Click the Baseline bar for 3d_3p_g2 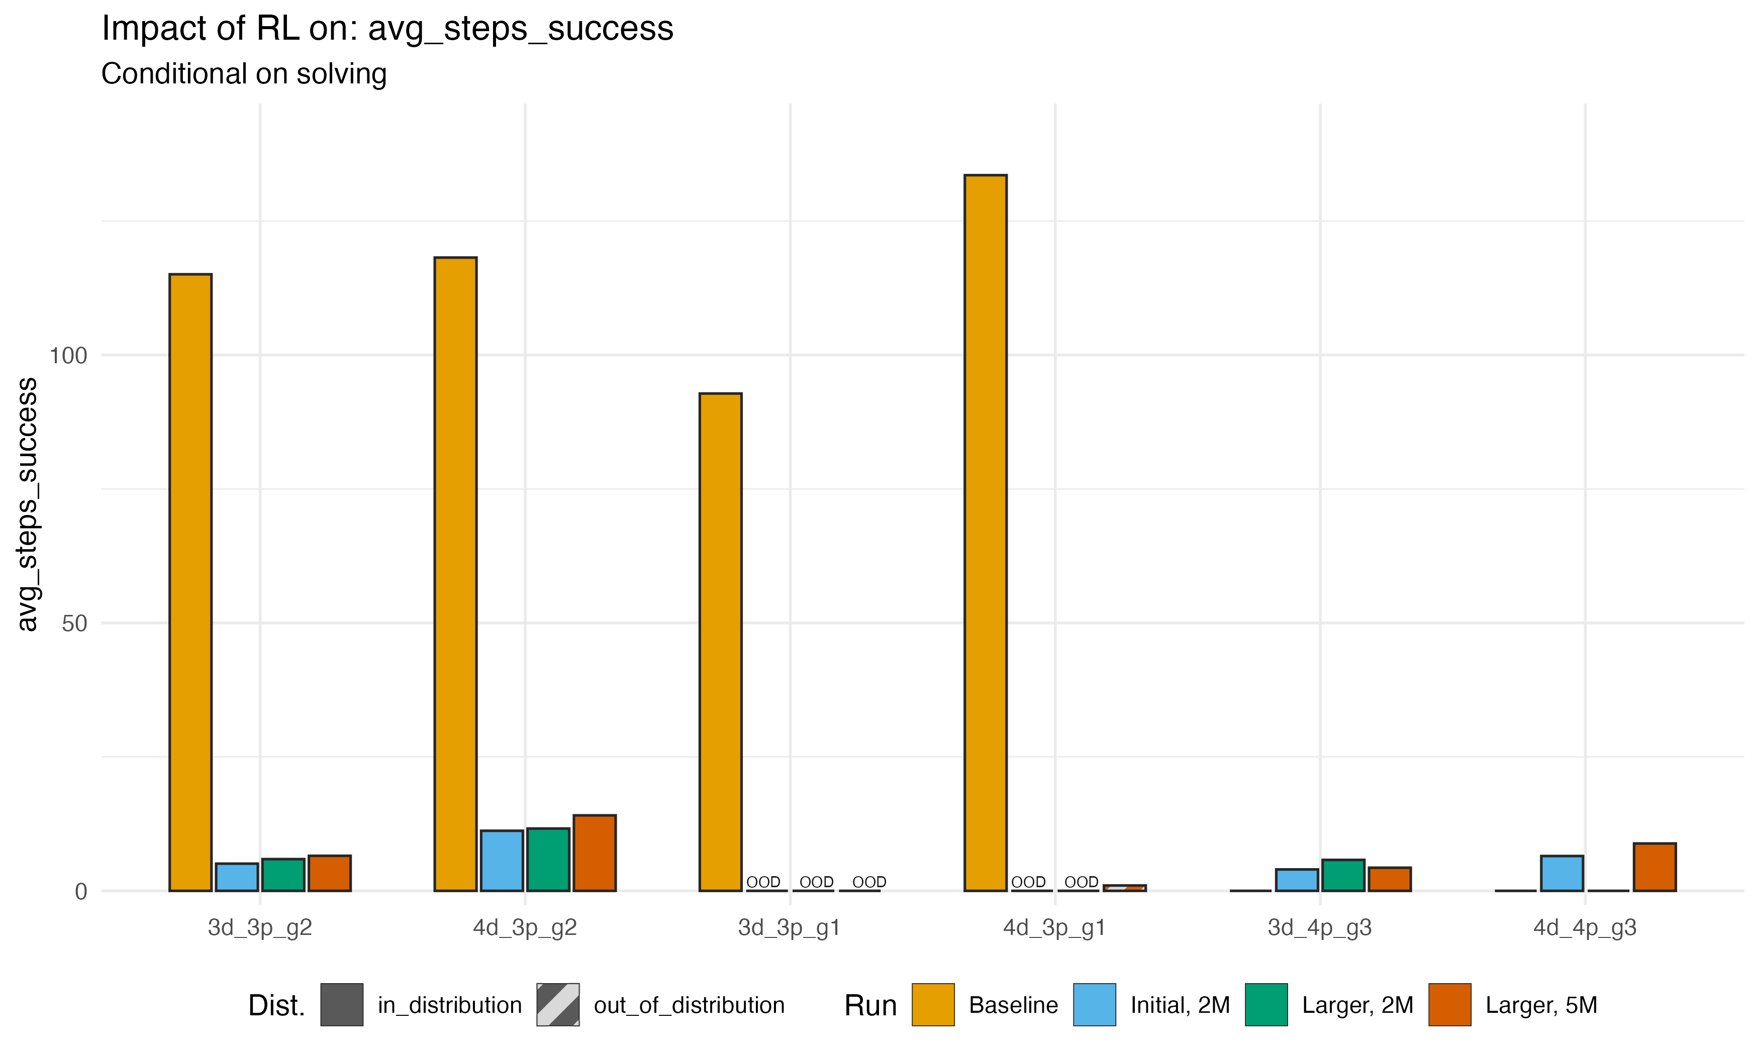[190, 582]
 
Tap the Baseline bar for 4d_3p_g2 [455, 574]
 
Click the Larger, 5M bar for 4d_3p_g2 [595, 853]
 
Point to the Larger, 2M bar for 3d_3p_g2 [283, 875]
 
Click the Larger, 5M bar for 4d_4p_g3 [1654, 867]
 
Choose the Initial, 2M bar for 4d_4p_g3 [1561, 873]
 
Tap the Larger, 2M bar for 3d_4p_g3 [1343, 875]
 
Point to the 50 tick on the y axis [74, 623]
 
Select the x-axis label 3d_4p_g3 [1320, 928]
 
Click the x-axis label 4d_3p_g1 [1054, 928]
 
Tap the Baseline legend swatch [933, 1005]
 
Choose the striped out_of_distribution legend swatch [557, 1005]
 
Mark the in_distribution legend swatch [341, 1005]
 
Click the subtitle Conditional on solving [244, 74]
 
